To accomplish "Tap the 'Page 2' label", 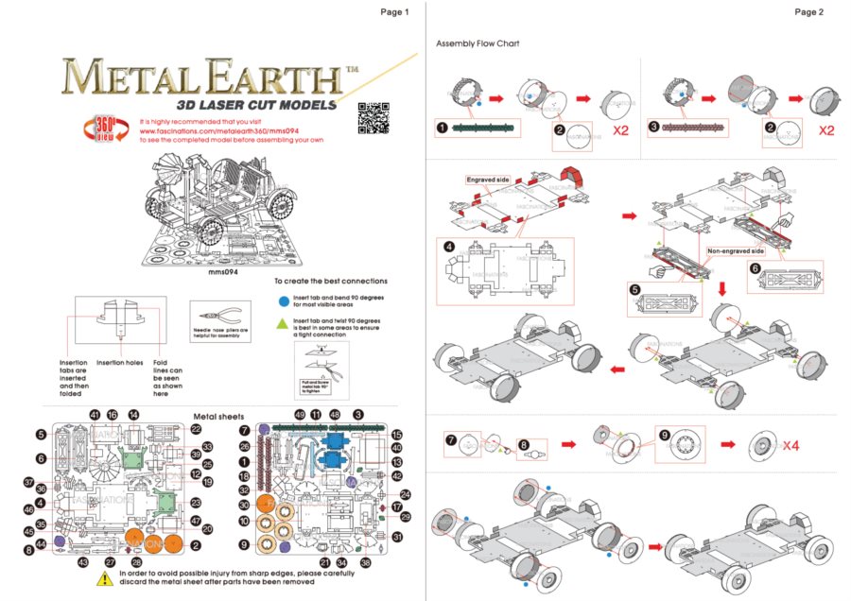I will click(808, 12).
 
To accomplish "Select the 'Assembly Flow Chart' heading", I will click(478, 44).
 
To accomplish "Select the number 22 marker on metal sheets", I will click(196, 428).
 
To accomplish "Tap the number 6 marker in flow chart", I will click(755, 268).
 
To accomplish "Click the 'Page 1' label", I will click(394, 12).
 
